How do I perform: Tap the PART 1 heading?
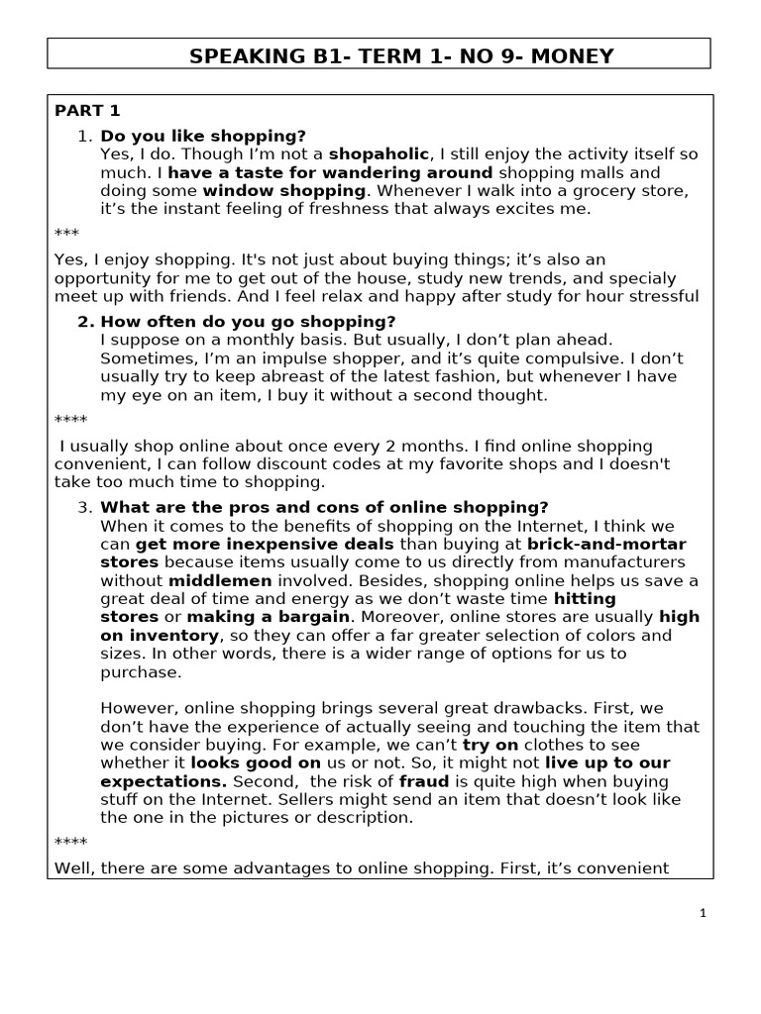87,111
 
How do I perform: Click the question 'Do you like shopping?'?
203,136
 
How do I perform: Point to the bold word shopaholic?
380,154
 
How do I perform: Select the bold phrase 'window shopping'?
284,191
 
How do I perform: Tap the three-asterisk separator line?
66,233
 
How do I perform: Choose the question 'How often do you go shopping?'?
248,322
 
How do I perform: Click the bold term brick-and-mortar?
606,544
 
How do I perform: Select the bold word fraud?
425,781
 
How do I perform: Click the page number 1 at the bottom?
703,914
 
